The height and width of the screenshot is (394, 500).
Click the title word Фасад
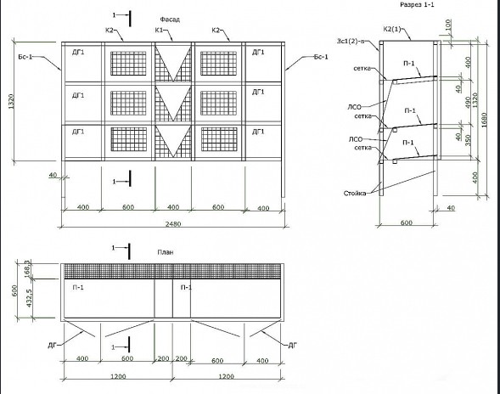point(170,20)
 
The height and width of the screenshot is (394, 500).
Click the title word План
point(166,252)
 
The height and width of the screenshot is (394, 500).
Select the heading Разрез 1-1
point(417,4)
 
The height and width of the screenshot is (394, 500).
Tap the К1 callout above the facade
point(159,31)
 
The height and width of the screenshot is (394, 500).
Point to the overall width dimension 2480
point(173,223)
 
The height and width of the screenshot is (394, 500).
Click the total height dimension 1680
point(485,120)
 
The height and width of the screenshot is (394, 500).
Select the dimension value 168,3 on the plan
point(28,267)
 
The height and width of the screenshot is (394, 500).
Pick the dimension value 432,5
point(29,298)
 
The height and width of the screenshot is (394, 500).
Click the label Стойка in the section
point(355,194)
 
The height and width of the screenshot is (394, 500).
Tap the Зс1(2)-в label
point(351,41)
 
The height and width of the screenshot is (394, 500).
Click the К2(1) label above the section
point(392,30)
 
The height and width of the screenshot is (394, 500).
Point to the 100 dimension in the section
point(448,25)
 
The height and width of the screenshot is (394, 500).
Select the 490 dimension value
point(468,103)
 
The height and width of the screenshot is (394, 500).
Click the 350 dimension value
point(468,140)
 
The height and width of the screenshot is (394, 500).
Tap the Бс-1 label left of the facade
point(25,58)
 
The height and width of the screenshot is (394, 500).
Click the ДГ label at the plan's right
point(292,346)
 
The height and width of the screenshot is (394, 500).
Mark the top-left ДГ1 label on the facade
point(78,52)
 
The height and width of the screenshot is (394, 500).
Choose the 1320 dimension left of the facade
point(12,101)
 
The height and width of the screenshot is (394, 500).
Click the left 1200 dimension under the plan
point(118,376)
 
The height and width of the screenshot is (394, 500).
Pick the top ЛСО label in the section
point(354,108)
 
